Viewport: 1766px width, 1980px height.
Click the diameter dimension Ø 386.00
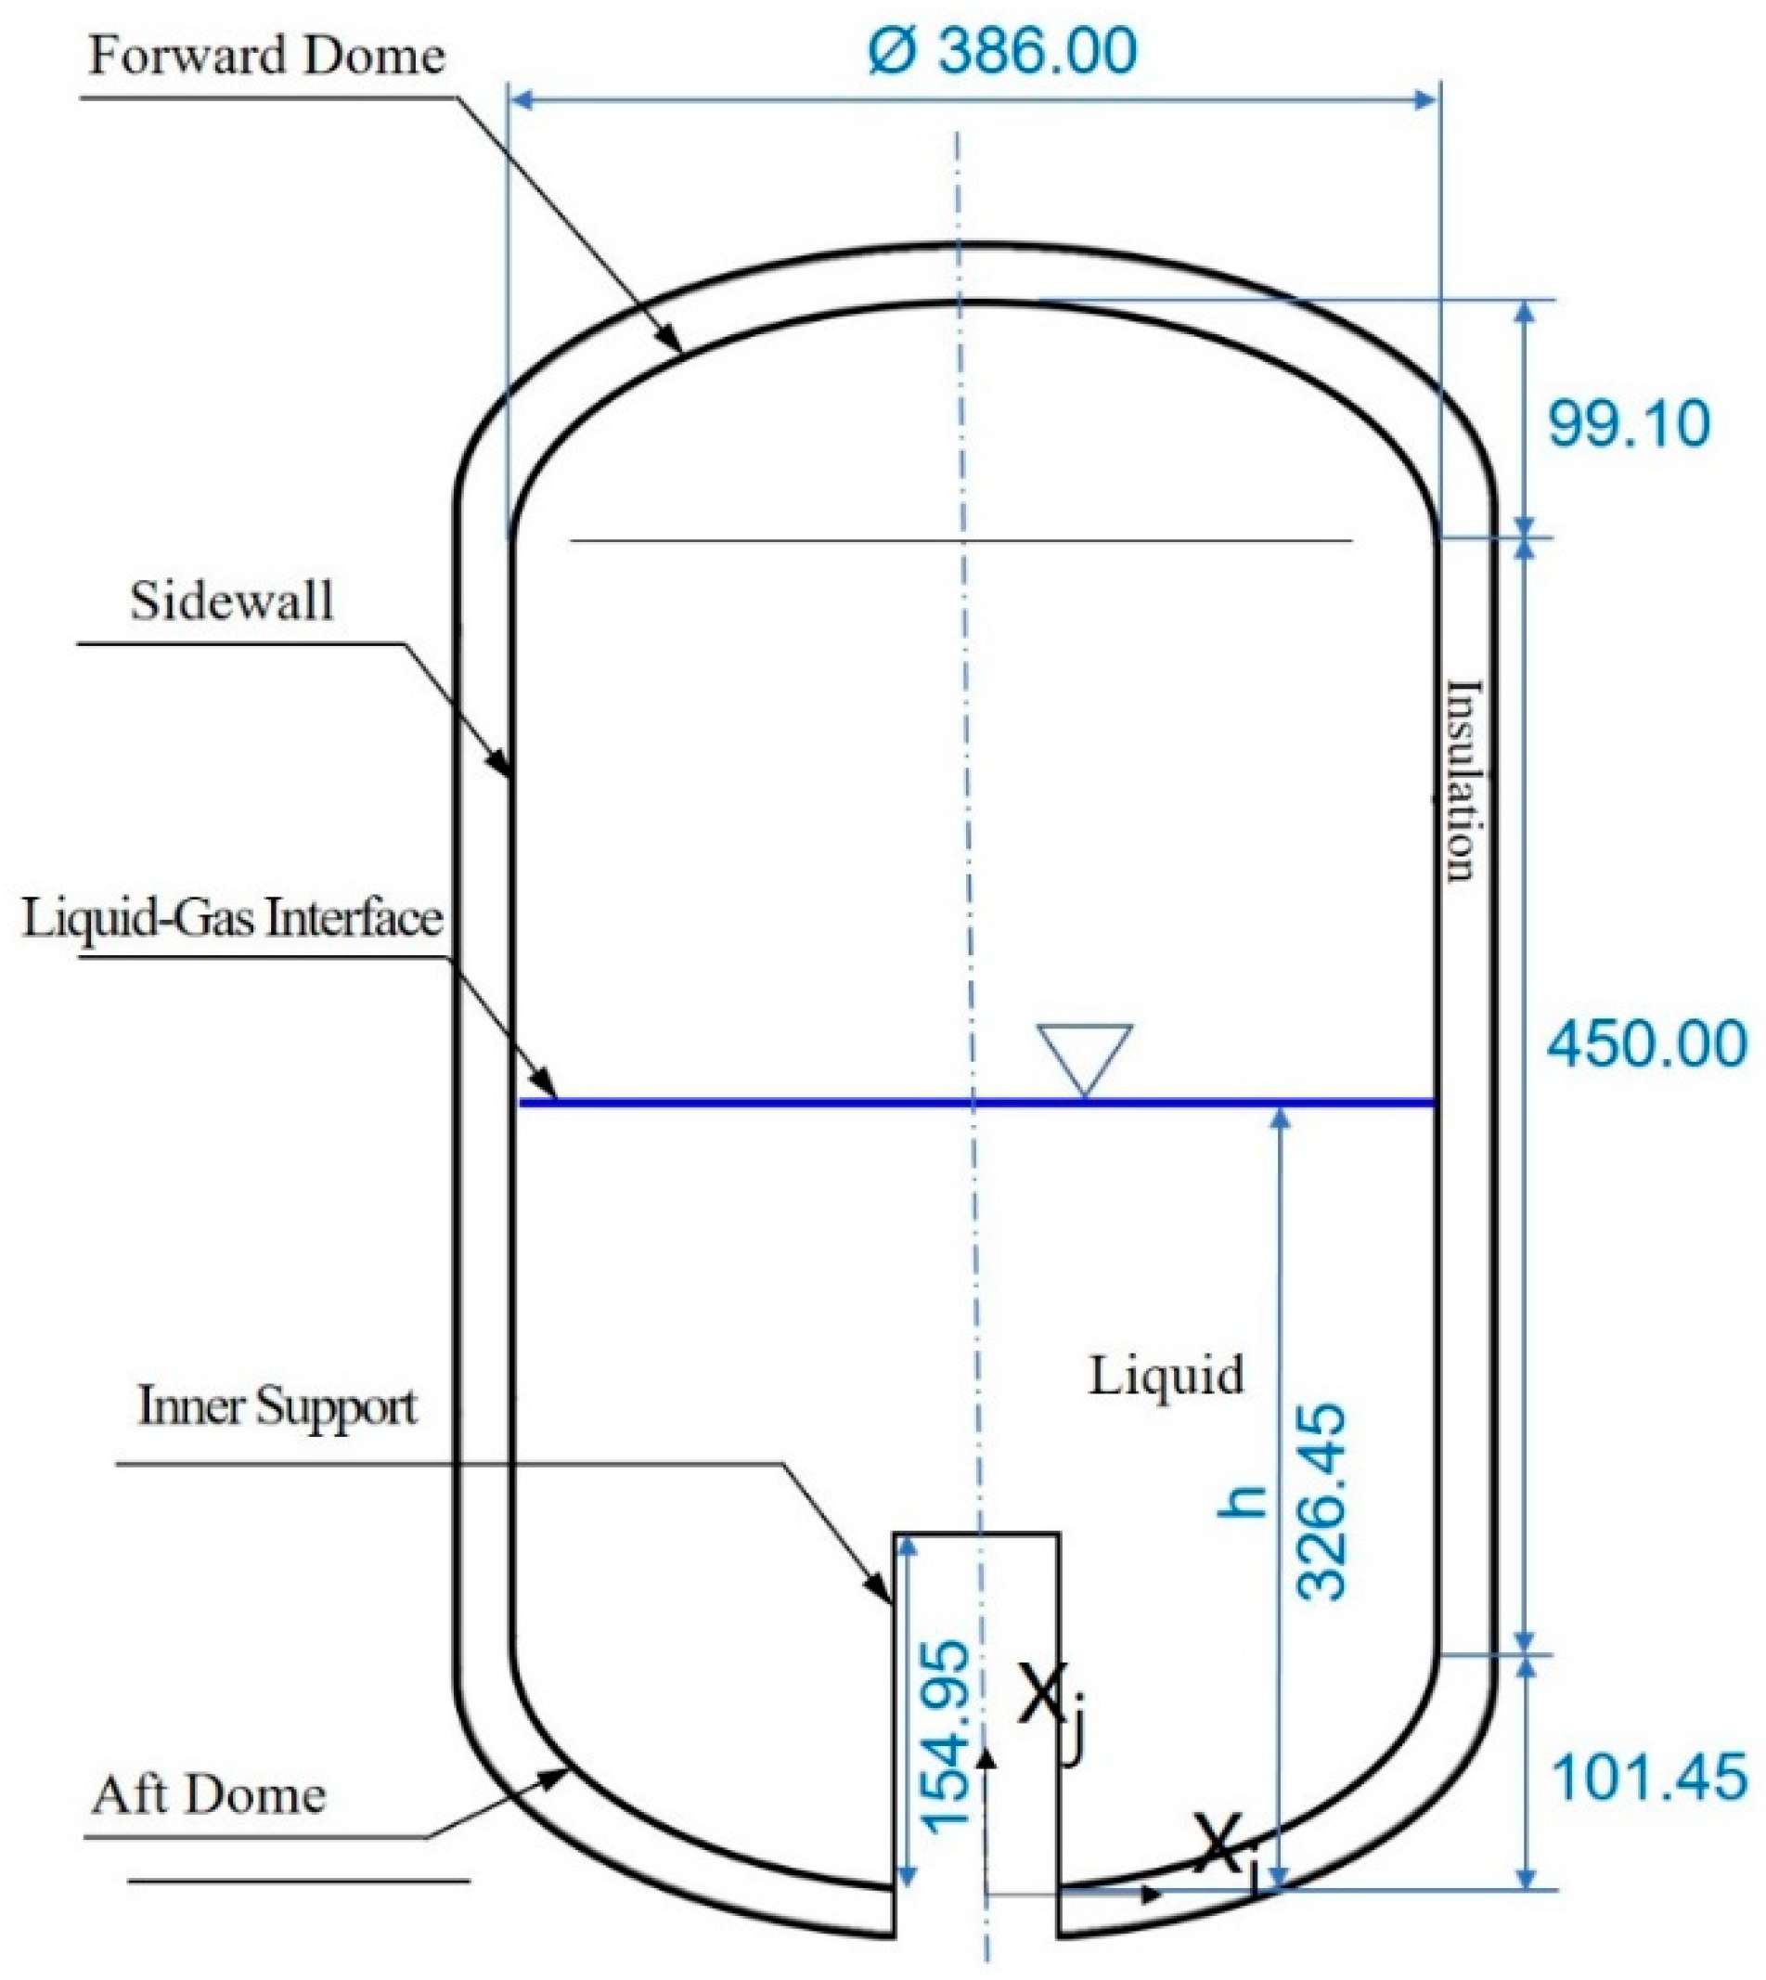[x=1002, y=50]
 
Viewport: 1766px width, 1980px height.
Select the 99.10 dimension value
[x=1629, y=424]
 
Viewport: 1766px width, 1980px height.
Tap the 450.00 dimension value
[x=1645, y=1045]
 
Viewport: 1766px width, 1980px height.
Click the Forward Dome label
[x=267, y=56]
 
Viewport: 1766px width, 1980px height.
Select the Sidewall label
[x=232, y=601]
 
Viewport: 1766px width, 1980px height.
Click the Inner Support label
[x=277, y=1405]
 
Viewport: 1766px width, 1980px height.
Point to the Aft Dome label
[x=209, y=1794]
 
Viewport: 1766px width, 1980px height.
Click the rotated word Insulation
[x=1463, y=782]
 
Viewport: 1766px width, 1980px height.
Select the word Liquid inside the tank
[x=1166, y=1376]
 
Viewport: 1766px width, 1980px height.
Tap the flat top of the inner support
[x=976, y=1534]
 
